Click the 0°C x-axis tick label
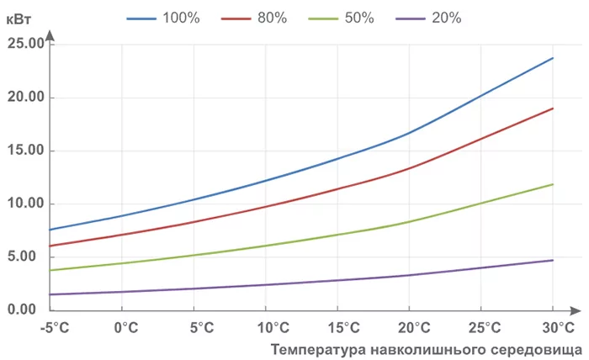[x=125, y=326]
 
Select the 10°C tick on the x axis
[x=268, y=326]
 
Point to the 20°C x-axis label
[x=411, y=326]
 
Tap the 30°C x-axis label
[x=555, y=326]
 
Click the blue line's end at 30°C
[x=553, y=58]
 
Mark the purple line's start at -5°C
[x=50, y=294]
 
